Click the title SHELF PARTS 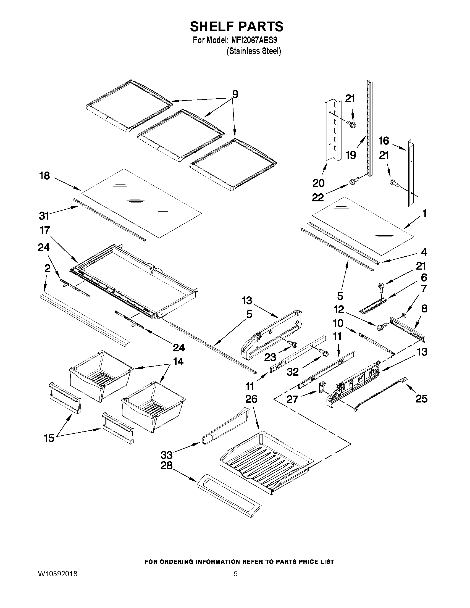(x=237, y=27)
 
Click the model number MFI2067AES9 (x=254, y=41)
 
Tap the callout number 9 (x=235, y=95)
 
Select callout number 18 (x=44, y=176)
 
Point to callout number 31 (x=44, y=215)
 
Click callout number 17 (x=44, y=230)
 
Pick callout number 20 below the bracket (x=319, y=183)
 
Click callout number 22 (x=318, y=198)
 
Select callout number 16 (x=384, y=141)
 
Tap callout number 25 (x=421, y=399)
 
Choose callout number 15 (x=49, y=438)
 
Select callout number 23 (x=270, y=357)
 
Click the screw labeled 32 (x=325, y=353)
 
